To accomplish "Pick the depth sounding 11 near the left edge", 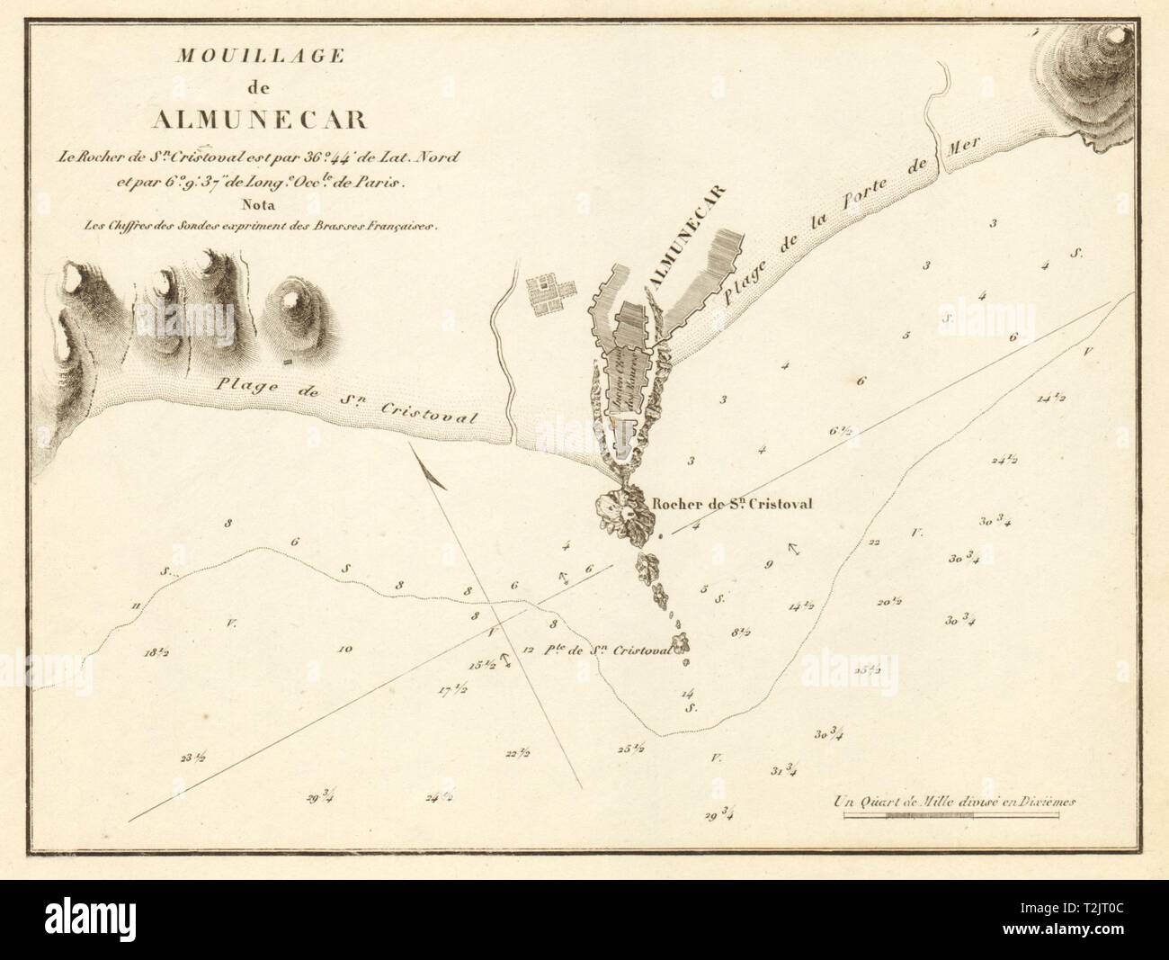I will coord(136,606).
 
